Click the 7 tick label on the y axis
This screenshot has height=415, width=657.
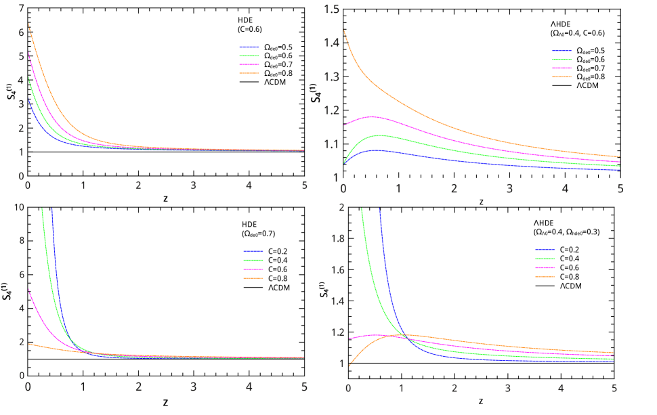click(x=22, y=9)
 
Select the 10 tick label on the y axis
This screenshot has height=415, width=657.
click(x=20, y=206)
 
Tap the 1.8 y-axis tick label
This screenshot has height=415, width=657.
click(x=336, y=238)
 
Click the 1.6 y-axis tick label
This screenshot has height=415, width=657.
click(x=336, y=270)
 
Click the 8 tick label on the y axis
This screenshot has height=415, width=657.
click(x=22, y=240)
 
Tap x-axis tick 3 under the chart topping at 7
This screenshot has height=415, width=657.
click(x=193, y=185)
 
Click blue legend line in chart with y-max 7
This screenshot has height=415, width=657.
click(x=249, y=47)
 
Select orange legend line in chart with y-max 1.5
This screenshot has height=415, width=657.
click(x=561, y=77)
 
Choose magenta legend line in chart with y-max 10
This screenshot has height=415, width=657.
click(x=253, y=269)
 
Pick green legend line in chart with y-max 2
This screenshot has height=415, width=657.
click(x=545, y=259)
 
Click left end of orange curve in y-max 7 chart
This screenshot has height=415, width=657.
click(x=28, y=24)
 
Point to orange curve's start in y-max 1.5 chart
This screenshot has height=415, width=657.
click(x=343, y=30)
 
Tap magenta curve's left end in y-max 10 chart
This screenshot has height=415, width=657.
click(x=28, y=288)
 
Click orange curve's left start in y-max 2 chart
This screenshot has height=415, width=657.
click(x=349, y=366)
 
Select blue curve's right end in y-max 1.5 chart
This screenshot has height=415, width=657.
click(x=620, y=170)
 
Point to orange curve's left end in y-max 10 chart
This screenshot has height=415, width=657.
click(x=28, y=344)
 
